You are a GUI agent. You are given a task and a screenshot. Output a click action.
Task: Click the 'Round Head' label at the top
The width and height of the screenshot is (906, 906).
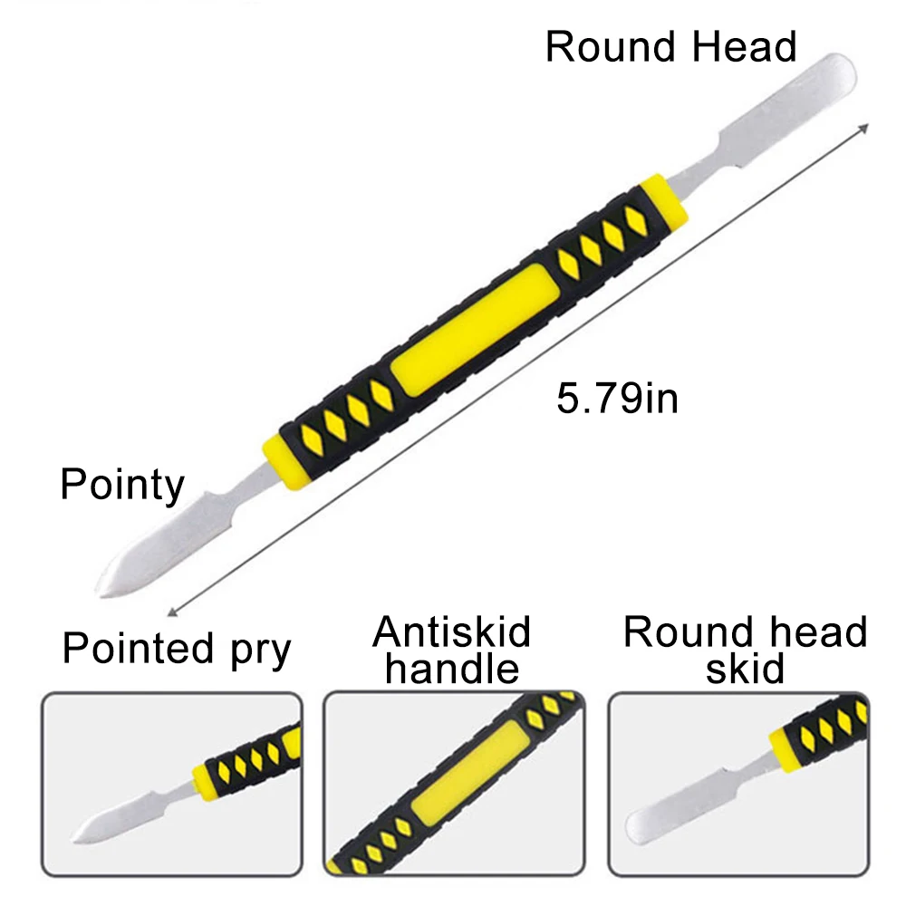(x=670, y=46)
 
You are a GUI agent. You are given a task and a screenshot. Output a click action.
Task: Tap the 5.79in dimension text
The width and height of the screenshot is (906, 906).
(x=617, y=398)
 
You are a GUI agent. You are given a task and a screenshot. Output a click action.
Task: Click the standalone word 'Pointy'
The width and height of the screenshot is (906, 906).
(x=122, y=485)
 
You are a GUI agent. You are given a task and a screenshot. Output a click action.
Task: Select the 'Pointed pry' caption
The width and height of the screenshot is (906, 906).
(x=177, y=649)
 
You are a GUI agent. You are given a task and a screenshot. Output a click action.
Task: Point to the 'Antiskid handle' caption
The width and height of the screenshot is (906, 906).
(x=451, y=651)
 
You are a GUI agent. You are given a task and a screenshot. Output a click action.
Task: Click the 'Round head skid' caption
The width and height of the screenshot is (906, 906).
(x=745, y=651)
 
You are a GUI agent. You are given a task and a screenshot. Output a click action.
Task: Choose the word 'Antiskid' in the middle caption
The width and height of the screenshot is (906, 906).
(x=451, y=632)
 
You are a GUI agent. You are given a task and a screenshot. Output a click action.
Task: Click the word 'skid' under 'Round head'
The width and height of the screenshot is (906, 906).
(x=745, y=670)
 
